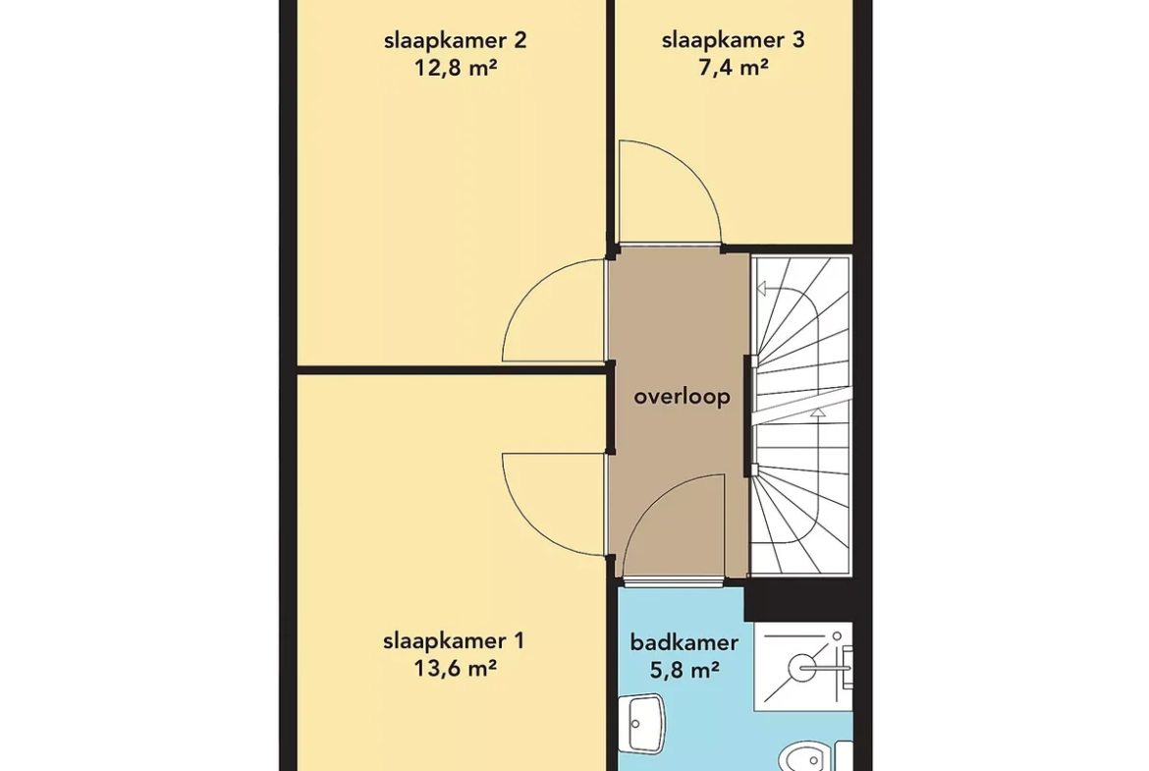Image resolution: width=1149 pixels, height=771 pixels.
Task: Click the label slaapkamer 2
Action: pos(455,39)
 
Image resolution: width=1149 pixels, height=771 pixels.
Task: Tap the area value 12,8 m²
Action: pos(456,68)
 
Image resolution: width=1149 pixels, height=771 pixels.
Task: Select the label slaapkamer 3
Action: pos(733,39)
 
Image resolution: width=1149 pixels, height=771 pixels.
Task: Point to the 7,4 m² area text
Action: pos(733,68)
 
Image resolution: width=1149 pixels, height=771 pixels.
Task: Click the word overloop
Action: pos(683,397)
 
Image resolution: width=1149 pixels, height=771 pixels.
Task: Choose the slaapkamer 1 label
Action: pos(454,641)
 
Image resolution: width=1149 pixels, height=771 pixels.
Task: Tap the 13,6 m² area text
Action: pos(456,669)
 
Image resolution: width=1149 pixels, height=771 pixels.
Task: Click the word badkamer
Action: pos(684,642)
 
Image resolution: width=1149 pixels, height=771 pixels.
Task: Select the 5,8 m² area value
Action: pos(684,669)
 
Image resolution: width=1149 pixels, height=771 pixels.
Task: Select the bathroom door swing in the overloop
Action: pos(652,505)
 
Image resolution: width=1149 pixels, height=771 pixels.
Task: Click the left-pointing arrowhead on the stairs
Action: pos(761,289)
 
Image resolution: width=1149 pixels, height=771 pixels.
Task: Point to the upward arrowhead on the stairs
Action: pos(818,413)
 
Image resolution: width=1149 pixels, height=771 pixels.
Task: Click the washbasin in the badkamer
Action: pos(642,723)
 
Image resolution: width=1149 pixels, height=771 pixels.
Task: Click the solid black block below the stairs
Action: pos(798,599)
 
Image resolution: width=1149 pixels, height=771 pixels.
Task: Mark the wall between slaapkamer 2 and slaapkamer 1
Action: pos(452,369)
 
